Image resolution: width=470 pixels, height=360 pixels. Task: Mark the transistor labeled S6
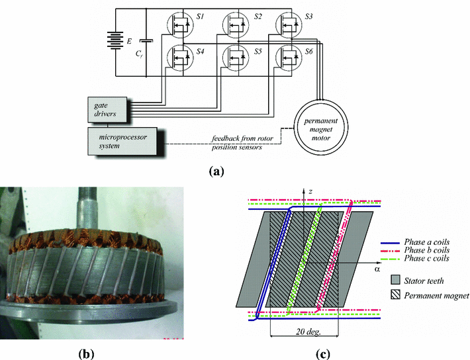pos(287,60)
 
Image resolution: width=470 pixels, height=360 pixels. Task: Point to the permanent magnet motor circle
pos(320,126)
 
